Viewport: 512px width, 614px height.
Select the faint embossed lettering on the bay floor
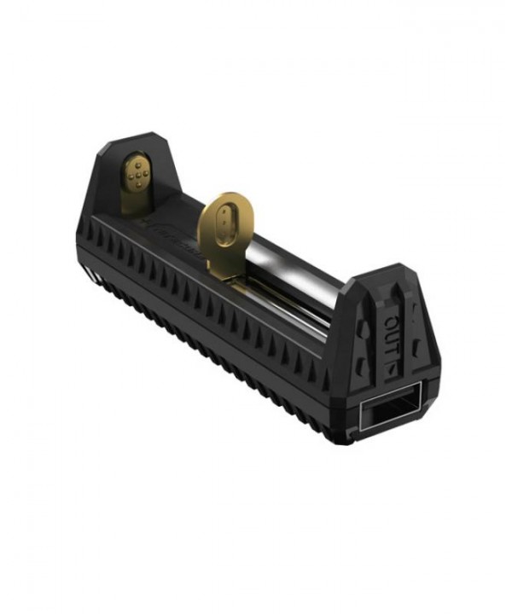click(171, 230)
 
